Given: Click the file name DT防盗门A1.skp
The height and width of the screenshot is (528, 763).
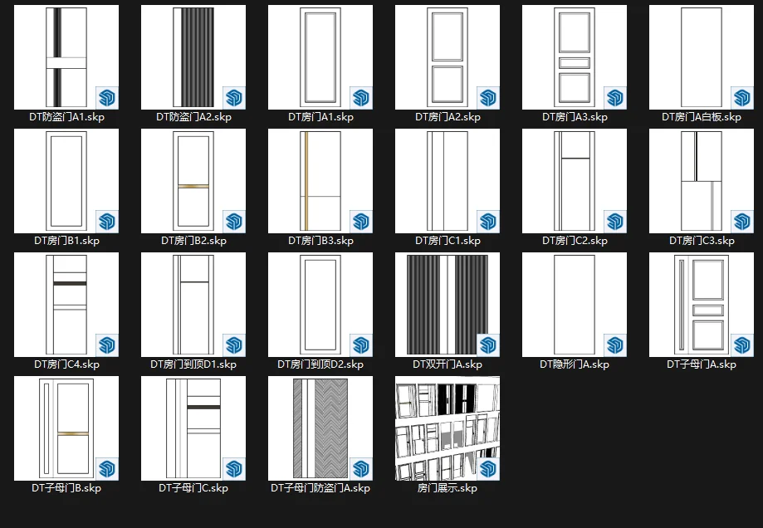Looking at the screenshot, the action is (66, 117).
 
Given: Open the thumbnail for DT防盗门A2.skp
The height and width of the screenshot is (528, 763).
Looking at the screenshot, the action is (193, 57).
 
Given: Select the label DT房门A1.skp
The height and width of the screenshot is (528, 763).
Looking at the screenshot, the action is (320, 117).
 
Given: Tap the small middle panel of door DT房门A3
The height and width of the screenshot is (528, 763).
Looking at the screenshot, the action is (575, 63).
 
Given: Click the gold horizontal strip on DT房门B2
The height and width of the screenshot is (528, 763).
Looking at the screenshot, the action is (193, 186).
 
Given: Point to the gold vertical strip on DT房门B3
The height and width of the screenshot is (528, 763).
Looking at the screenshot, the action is (306, 181).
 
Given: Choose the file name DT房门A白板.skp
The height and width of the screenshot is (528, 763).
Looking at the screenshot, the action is (702, 117).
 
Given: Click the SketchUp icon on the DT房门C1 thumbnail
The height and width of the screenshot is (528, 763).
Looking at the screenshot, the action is (487, 222).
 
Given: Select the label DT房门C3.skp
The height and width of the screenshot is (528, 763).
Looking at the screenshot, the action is (702, 241).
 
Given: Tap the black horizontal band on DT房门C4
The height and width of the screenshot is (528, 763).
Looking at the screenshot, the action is (70, 283).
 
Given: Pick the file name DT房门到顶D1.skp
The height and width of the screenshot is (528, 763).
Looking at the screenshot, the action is (193, 364).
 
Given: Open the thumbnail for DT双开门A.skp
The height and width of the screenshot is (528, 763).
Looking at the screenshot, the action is (448, 305).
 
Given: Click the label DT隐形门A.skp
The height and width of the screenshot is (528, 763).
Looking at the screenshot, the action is (575, 364).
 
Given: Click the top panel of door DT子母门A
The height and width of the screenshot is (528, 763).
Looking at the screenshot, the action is (708, 279).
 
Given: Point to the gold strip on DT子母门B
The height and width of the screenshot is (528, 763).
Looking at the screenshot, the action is (73, 433).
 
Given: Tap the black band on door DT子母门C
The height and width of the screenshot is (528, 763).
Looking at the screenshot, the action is (203, 407).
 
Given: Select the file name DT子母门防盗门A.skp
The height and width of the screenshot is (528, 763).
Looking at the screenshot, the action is (320, 488).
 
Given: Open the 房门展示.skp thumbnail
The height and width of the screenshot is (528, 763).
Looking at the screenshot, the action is (448, 428).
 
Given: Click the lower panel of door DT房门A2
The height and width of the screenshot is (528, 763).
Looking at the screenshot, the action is (448, 85).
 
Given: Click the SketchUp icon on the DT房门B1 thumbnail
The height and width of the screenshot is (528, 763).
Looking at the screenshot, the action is (106, 222).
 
